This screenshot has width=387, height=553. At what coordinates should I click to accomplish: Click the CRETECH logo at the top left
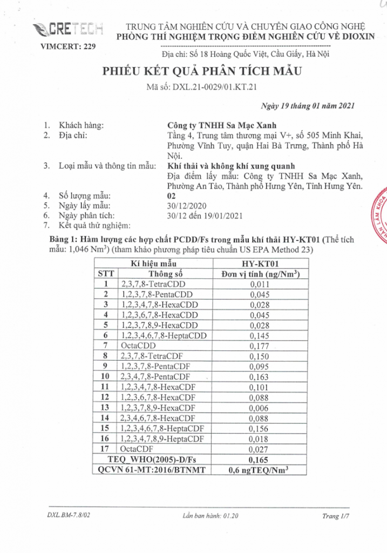click(x=76, y=28)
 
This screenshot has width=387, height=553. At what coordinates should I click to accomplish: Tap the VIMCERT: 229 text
click(x=69, y=46)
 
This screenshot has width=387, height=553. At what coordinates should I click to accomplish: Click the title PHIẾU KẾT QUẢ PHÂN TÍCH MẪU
click(x=200, y=72)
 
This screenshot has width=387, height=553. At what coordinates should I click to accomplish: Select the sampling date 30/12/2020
click(x=187, y=206)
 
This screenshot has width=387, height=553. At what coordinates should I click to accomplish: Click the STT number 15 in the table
click(x=106, y=428)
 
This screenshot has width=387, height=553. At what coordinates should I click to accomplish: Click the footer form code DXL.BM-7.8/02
click(x=68, y=516)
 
